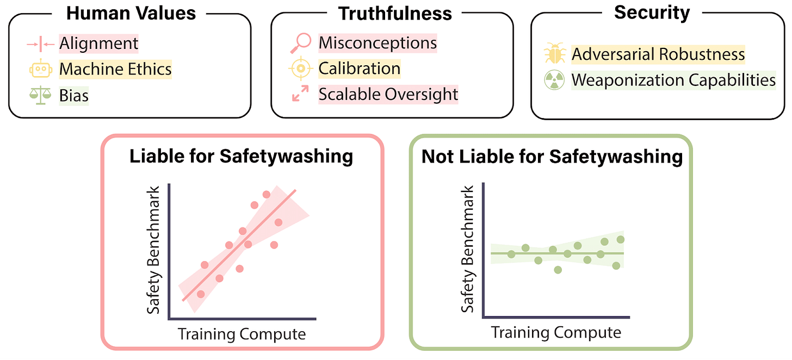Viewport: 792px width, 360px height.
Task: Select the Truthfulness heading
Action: click(x=395, y=14)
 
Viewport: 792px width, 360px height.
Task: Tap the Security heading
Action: click(x=652, y=13)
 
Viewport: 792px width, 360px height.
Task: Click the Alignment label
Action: click(x=99, y=43)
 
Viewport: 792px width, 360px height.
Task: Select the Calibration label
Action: click(x=360, y=69)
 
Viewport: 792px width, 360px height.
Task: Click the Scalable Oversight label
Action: click(x=388, y=94)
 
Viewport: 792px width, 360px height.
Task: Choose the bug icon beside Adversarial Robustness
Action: click(x=555, y=54)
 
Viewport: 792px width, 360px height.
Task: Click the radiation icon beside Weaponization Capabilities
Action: click(x=555, y=80)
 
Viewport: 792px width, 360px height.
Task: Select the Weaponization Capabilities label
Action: click(x=673, y=80)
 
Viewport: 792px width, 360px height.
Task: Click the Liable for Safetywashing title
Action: click(x=241, y=157)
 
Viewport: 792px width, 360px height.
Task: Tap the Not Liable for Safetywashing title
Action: click(x=552, y=157)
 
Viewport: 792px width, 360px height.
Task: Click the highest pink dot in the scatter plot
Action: click(x=267, y=194)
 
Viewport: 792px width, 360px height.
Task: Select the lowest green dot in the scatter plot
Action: click(x=558, y=270)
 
